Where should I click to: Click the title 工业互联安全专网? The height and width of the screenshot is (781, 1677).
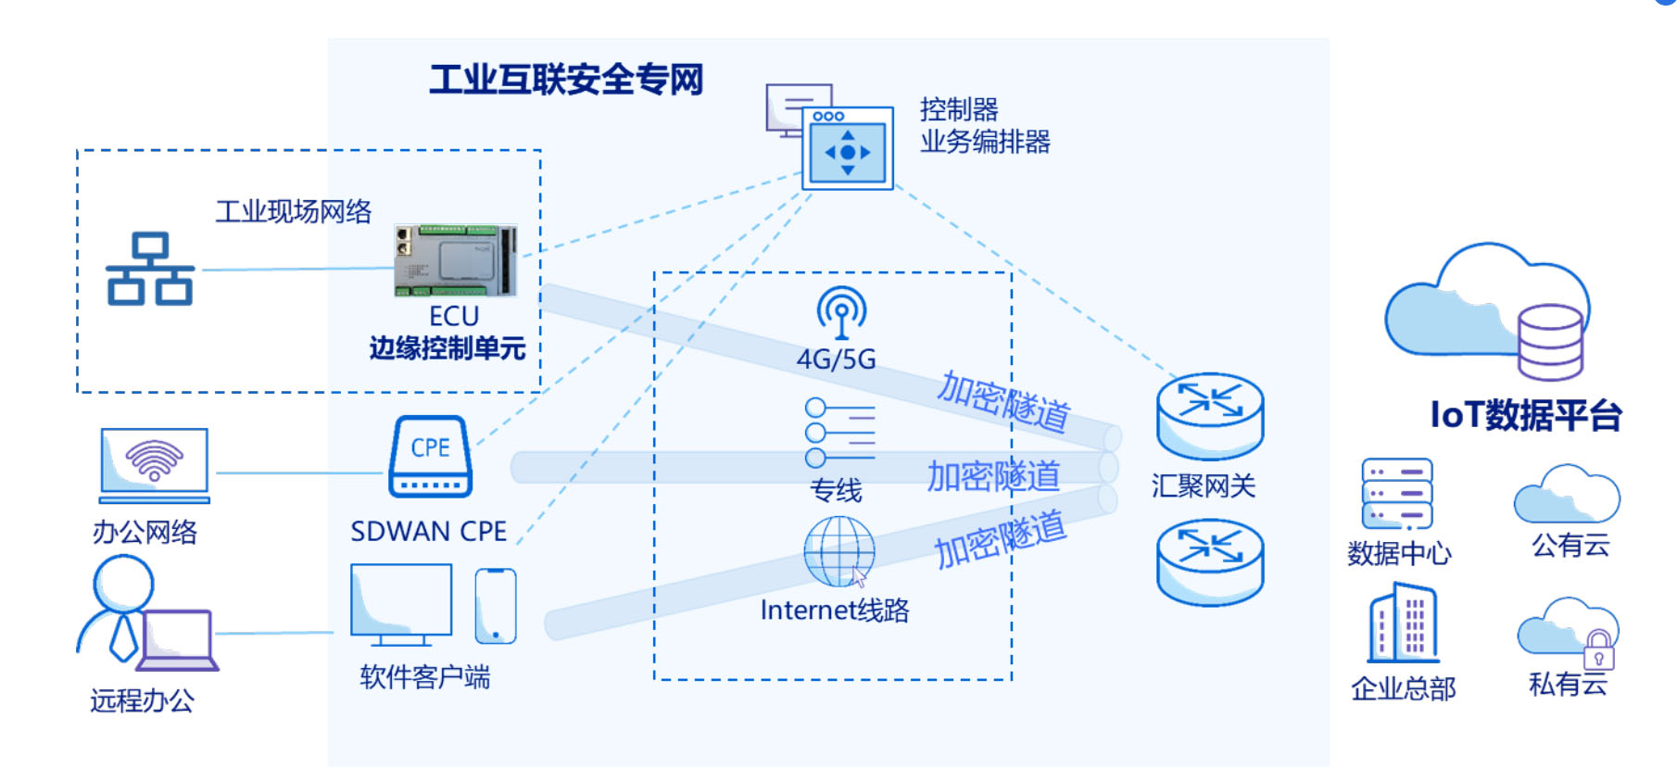click(566, 80)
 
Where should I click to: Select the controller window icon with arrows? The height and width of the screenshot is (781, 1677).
click(847, 148)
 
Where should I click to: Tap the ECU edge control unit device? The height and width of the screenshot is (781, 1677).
click(455, 260)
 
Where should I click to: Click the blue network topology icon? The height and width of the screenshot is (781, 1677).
click(150, 269)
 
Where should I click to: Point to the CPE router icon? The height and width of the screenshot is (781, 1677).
click(430, 457)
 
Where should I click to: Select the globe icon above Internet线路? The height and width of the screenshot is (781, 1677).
click(839, 551)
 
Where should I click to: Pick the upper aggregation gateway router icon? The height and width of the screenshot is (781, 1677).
click(1210, 416)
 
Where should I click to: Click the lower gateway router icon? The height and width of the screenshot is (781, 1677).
click(1210, 561)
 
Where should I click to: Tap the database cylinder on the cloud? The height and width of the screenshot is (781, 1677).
click(1550, 342)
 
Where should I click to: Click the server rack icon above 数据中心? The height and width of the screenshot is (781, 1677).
click(1397, 494)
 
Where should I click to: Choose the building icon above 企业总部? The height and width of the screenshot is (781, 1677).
click(1404, 623)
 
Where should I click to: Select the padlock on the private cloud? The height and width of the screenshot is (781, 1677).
click(1598, 650)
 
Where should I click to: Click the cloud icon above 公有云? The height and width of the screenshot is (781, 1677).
click(1567, 495)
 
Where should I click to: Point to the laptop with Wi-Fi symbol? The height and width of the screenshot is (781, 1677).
click(155, 463)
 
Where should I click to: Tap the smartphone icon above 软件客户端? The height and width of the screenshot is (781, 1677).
click(496, 606)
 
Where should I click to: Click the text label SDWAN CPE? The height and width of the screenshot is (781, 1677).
click(428, 532)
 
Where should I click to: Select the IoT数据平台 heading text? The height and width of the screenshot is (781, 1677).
click(1525, 415)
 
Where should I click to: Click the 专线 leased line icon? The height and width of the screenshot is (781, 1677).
click(839, 433)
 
